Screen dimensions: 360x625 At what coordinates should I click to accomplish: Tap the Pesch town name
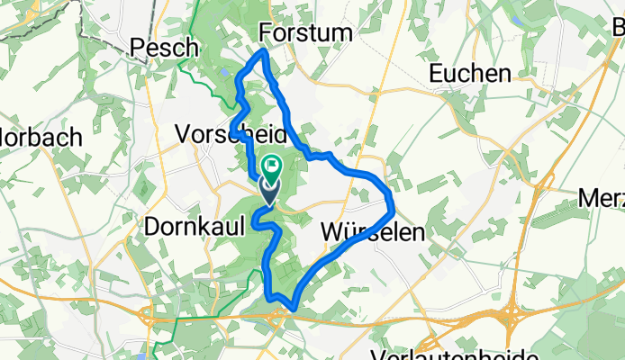click(x=166, y=48)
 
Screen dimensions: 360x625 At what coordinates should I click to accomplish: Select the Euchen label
click(x=471, y=74)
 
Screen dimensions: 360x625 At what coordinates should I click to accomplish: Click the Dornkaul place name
click(x=195, y=225)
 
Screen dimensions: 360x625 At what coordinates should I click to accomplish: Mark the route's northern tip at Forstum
click(x=263, y=53)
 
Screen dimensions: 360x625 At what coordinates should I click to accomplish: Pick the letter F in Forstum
click(x=266, y=33)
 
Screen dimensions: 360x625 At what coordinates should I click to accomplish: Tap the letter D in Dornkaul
click(x=152, y=225)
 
